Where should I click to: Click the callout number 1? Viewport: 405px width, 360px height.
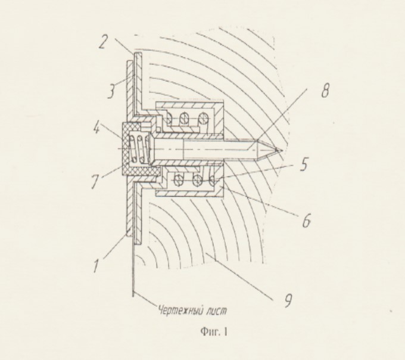coord(96,266)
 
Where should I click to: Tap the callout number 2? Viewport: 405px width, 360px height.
coord(103,43)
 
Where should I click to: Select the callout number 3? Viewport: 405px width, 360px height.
coord(111,91)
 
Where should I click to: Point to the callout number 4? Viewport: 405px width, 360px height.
coord(96,128)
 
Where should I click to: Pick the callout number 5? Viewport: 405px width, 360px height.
coord(304,164)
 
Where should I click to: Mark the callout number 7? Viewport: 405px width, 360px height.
coord(95,182)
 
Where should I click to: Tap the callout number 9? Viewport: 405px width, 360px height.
coord(288,300)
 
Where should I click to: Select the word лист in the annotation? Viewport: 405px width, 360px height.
coord(217,311)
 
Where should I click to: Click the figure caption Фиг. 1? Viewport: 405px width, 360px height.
coord(214,331)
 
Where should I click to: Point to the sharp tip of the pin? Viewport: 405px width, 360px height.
coord(282,150)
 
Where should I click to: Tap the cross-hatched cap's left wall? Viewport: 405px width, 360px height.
coord(125,149)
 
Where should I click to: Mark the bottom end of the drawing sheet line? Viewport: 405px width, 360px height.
coord(133,296)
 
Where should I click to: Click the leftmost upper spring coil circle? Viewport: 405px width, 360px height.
coord(169,119)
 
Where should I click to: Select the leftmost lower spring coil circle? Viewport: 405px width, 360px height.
coord(177,179)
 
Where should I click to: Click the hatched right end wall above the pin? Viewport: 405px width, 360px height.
coord(219,119)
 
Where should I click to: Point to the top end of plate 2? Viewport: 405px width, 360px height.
coord(138,53)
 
